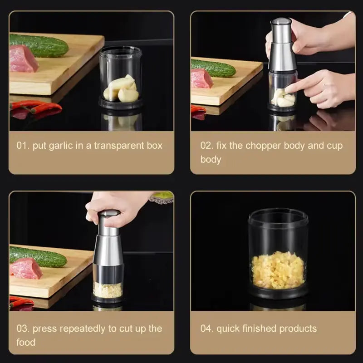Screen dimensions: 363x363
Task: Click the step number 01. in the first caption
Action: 23,146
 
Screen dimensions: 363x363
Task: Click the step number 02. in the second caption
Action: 207,146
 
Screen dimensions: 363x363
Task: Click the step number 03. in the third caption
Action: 23,329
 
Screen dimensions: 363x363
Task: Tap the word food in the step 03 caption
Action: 26,342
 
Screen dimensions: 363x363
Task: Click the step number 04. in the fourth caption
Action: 207,329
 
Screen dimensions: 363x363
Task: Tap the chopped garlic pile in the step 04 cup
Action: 277,270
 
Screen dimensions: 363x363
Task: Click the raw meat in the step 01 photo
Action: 23,59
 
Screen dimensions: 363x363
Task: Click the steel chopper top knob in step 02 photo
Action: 281,23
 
